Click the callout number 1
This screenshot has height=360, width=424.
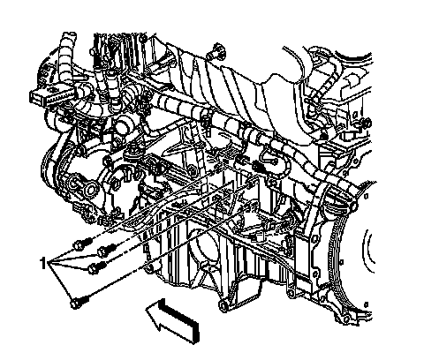(43, 263)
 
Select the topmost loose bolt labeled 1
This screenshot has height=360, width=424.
(82, 244)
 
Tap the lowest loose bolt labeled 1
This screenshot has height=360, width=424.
(78, 303)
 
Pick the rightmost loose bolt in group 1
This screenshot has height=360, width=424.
(107, 250)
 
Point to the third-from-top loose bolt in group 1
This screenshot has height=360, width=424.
(97, 266)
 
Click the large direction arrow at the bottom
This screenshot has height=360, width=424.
(174, 320)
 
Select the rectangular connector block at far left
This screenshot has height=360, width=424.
(52, 95)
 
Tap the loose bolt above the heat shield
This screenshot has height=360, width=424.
(217, 51)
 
